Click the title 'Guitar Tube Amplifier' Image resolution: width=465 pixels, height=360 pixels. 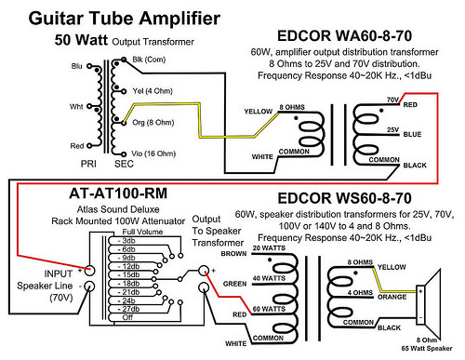125,19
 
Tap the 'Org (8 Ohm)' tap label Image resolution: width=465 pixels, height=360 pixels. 153,123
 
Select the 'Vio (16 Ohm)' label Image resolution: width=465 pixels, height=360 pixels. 153,153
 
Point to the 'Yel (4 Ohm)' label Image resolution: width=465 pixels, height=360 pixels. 153,91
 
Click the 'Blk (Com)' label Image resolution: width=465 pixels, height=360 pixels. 149,60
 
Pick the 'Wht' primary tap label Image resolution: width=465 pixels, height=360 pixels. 76,107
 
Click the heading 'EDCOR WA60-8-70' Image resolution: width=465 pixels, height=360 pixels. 344,36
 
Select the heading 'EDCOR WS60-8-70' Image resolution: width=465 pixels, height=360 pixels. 344,198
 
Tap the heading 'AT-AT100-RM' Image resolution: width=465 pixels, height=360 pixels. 118,193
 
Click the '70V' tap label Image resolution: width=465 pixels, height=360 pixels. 392,100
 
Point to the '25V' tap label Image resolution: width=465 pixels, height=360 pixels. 392,129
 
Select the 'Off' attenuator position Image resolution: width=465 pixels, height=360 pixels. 127,317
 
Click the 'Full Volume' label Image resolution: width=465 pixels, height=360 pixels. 142,232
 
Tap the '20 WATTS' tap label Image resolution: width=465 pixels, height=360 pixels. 269,248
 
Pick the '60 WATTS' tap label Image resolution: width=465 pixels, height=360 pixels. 269,309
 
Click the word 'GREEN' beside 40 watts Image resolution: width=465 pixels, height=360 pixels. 234,284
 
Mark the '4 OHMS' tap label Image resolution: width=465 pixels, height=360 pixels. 360,292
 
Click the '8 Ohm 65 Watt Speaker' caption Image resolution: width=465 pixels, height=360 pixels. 427,344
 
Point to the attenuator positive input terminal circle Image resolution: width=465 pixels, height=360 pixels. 89,271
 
